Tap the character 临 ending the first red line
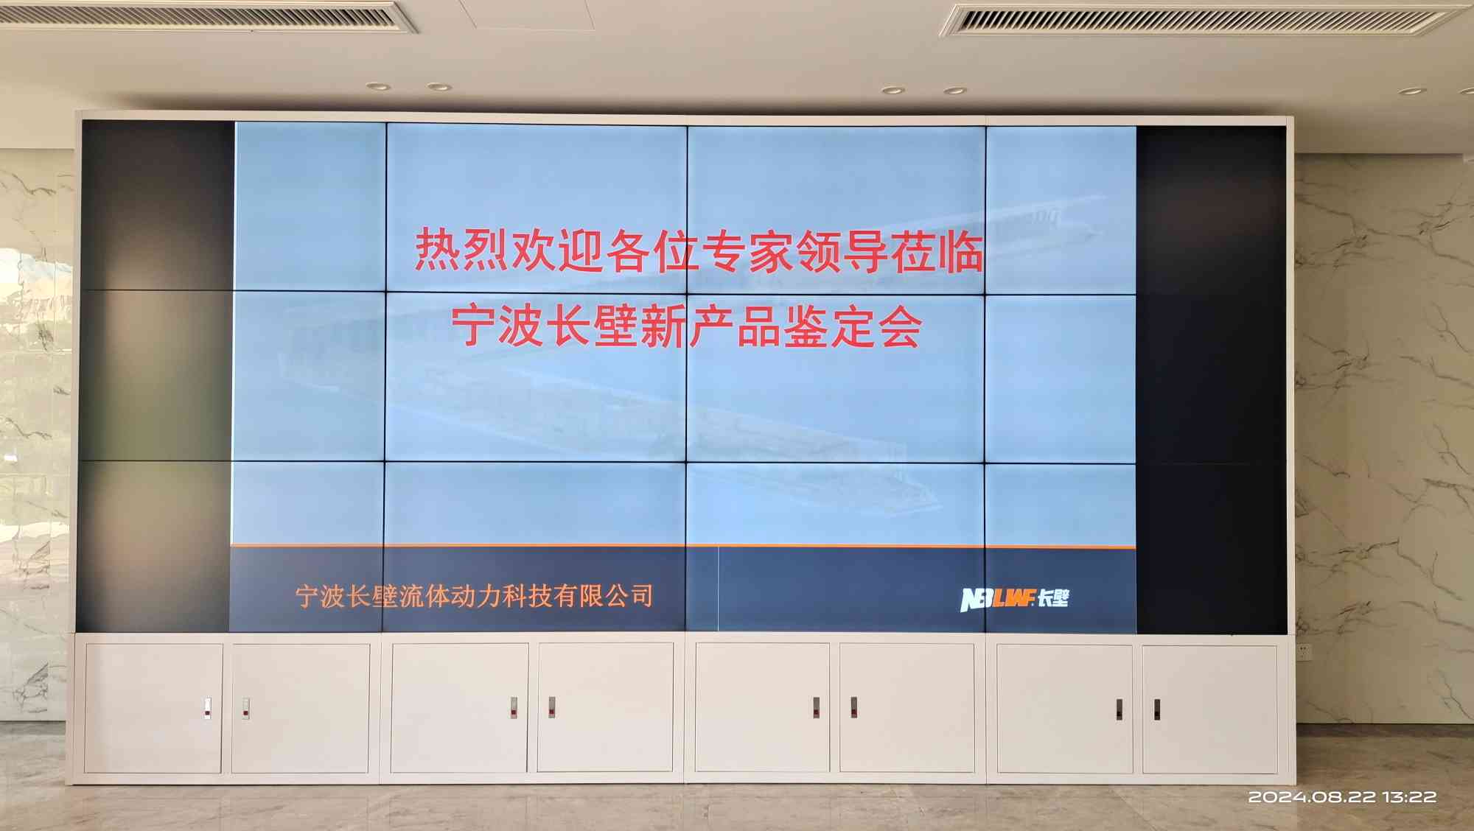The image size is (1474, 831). pyautogui.click(x=960, y=251)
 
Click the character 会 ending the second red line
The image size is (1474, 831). pyautogui.click(x=900, y=326)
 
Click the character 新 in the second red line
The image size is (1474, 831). pyautogui.click(x=663, y=326)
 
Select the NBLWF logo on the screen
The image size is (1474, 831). pyautogui.click(x=1014, y=598)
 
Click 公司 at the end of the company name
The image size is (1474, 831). pyautogui.click(x=628, y=595)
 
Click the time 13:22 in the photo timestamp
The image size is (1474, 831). pyautogui.click(x=1409, y=796)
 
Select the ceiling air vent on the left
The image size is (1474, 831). pyautogui.click(x=210, y=16)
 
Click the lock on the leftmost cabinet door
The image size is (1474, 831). pyautogui.click(x=208, y=708)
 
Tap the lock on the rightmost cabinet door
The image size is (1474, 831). pyautogui.click(x=1157, y=710)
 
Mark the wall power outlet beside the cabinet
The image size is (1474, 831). pyautogui.click(x=1304, y=651)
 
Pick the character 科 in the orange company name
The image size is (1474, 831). pyautogui.click(x=514, y=596)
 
